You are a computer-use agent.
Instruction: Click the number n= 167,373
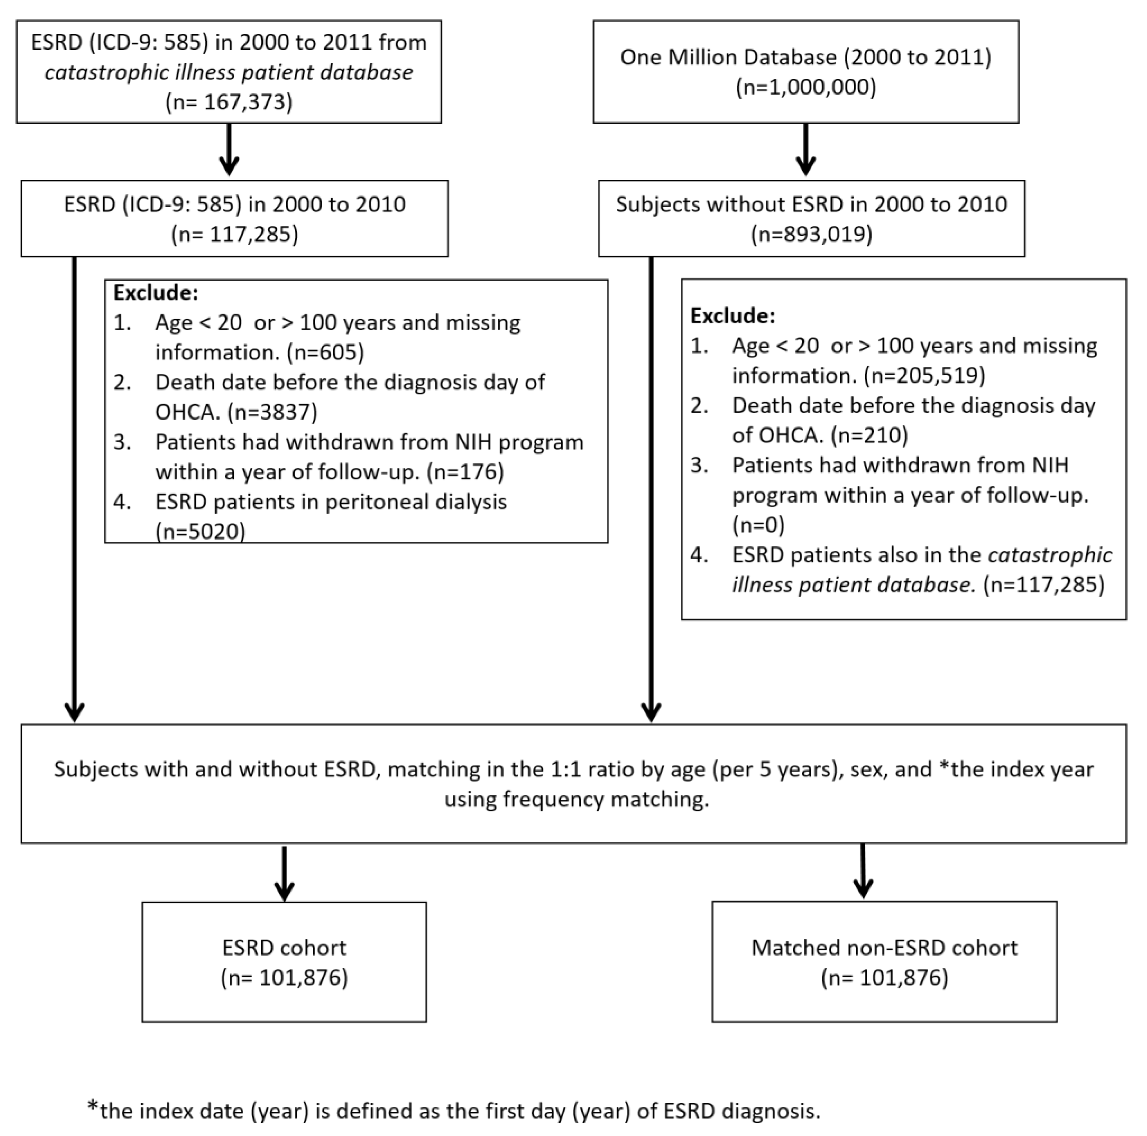[x=229, y=102]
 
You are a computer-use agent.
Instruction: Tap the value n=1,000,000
[x=806, y=87]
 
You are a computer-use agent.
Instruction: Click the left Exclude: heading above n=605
[x=155, y=293]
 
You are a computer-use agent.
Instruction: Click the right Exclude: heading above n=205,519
[x=733, y=316]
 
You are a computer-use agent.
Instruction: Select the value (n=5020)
[x=200, y=531]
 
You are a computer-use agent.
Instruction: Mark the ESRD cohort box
[x=284, y=962]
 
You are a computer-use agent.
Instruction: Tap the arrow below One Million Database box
[x=805, y=149]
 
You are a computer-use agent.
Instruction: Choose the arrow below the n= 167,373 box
[x=229, y=149]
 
